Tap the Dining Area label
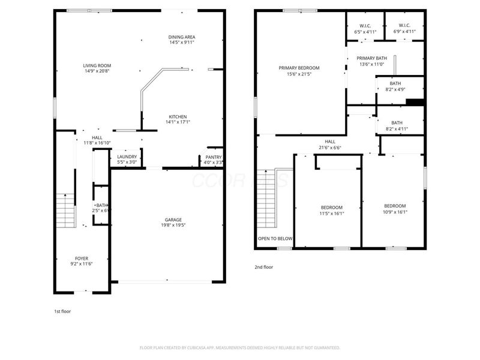(182, 37)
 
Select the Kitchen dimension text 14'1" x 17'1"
(178, 122)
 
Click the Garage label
(173, 220)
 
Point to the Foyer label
(81, 258)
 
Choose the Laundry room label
(127, 157)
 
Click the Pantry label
(214, 157)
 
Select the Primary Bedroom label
(299, 68)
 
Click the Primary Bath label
(373, 58)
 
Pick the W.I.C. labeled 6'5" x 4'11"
(364, 26)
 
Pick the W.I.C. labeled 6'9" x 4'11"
(404, 26)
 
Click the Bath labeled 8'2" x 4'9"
(397, 83)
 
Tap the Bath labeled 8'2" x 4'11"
(397, 122)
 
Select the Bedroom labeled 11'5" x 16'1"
(331, 207)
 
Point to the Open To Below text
(275, 239)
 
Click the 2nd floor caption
(263, 267)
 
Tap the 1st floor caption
(62, 311)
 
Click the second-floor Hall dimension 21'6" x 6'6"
(330, 147)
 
